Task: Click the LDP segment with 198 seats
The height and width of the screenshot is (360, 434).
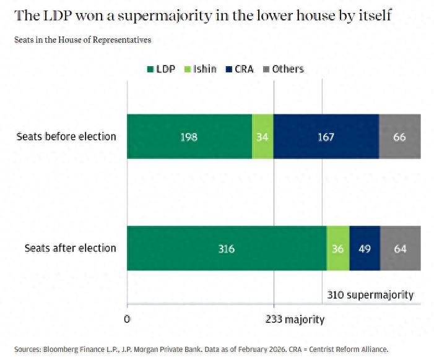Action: (189, 137)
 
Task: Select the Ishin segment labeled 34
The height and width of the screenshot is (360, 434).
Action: (263, 137)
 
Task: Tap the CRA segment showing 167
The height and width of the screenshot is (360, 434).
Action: (326, 137)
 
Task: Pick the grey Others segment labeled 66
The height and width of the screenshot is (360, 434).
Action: (399, 137)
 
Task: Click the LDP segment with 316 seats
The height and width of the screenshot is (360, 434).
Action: (227, 249)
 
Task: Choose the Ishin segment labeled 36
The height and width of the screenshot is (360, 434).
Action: (338, 249)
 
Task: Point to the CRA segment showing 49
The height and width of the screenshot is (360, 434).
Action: (365, 249)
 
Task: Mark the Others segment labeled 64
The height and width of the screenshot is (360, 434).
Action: (400, 249)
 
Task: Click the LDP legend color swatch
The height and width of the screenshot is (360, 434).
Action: (150, 69)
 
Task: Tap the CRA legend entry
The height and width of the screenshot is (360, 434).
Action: (240, 69)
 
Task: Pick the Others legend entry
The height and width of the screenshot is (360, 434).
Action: (284, 69)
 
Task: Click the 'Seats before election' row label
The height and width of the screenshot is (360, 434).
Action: (66, 137)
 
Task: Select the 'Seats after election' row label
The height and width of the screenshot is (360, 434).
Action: (70, 249)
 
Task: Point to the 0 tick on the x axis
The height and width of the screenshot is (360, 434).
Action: (127, 319)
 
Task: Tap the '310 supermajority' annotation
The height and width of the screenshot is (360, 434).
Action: (370, 295)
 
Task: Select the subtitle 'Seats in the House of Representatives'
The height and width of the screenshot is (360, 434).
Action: (82, 40)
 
